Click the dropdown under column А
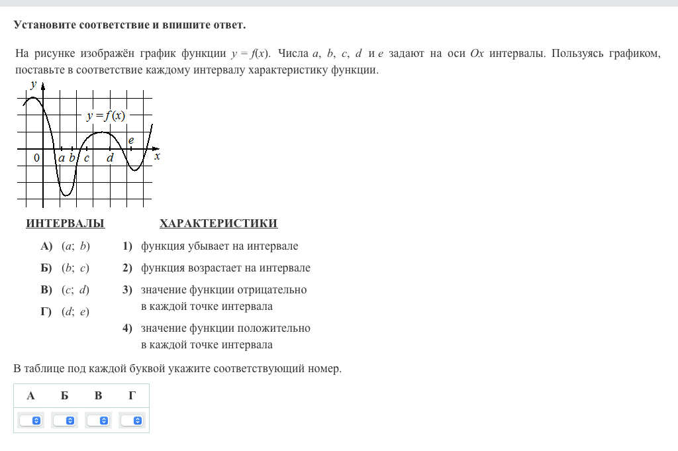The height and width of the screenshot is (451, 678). point(30,421)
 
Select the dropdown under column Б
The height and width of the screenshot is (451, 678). point(64,421)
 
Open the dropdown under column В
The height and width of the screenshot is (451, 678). point(99,421)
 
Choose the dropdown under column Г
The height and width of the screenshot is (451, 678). point(132,421)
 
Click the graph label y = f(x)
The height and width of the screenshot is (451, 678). point(106,116)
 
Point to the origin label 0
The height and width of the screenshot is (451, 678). point(37,158)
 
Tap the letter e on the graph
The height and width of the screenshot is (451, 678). point(131,140)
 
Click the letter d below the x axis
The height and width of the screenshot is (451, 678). point(110,158)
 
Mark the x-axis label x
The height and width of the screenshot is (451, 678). point(157,157)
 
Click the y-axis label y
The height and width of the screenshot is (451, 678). point(32,84)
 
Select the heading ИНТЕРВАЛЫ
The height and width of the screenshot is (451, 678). point(65,224)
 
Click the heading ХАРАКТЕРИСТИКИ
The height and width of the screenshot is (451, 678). point(218,224)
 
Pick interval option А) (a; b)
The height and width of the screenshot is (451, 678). point(66,246)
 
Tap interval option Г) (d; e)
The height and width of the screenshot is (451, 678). point(65,312)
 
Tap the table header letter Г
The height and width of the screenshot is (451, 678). point(132,396)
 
